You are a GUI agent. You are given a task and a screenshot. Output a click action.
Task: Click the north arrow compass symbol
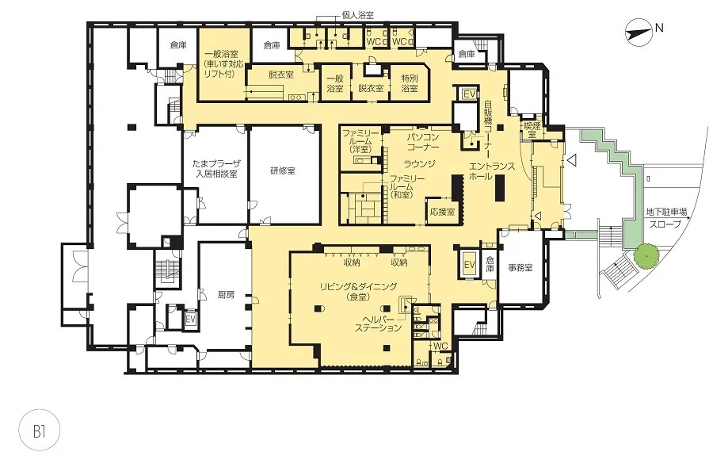coord(637,32)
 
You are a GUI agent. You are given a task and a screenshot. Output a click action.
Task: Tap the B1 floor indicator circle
coord(40,431)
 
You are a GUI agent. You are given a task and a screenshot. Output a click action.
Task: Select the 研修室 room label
coord(282,171)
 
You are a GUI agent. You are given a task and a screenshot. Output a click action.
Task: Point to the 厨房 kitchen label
coord(226,294)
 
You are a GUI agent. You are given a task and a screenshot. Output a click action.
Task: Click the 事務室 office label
coord(520,267)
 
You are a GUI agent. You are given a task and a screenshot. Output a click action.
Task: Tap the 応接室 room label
coord(442,212)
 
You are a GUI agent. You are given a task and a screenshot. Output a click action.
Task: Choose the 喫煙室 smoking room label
coord(530,130)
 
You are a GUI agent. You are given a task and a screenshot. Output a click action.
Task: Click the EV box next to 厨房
coord(190,320)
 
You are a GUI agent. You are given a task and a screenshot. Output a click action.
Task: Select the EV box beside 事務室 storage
coord(469,264)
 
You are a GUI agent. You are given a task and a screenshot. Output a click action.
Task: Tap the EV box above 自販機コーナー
coord(469,94)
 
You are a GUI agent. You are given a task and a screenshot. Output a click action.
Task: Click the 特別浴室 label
coord(410,83)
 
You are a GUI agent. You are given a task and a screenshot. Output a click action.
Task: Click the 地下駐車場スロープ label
coord(666,218)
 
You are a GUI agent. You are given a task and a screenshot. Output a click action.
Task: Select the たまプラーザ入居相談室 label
coord(216,168)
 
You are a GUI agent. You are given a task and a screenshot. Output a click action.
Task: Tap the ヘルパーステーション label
coord(379,323)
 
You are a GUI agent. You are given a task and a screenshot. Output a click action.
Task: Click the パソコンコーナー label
coord(423,142)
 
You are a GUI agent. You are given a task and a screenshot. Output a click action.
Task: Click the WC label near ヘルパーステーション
coord(440,347)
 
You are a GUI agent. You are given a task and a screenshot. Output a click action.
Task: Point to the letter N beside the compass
coord(659,28)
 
